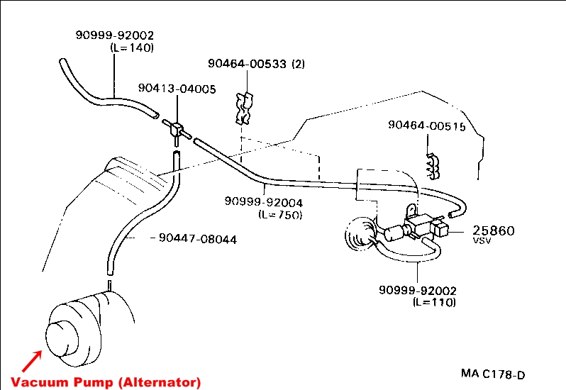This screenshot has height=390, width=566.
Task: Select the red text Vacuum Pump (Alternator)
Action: (x=106, y=381)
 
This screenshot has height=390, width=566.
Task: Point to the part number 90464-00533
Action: (x=246, y=64)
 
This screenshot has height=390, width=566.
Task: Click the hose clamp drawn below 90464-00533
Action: (x=243, y=107)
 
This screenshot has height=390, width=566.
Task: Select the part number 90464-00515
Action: (x=426, y=126)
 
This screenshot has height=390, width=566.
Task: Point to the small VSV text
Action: (x=482, y=241)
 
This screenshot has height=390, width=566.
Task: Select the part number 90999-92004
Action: (x=264, y=202)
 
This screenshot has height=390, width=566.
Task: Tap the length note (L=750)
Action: (x=280, y=214)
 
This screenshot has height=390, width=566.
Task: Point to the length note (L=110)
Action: (x=434, y=302)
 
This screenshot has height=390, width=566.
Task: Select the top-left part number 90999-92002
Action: (x=115, y=35)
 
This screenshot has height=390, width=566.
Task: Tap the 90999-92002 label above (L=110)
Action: (x=418, y=291)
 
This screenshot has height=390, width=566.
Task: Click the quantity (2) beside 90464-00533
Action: (x=298, y=64)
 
